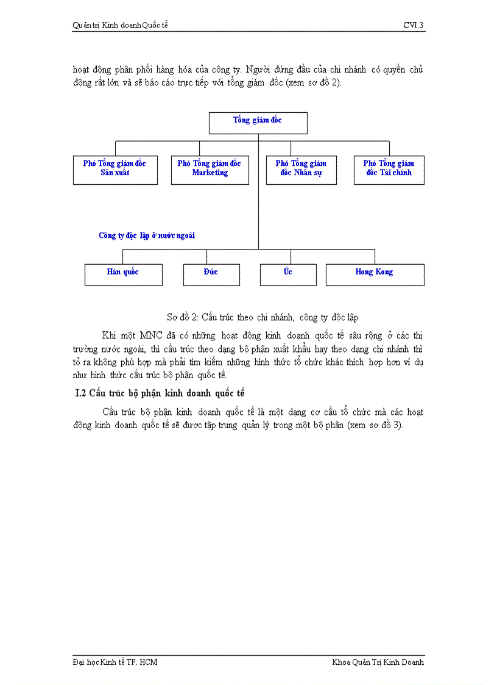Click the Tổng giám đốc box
pyautogui.click(x=258, y=123)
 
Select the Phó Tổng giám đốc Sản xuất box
pyautogui.click(x=115, y=170)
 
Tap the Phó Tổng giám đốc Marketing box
pyautogui.click(x=210, y=170)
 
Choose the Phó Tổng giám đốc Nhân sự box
pyautogui.click(x=301, y=170)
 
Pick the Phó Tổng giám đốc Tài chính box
pyautogui.click(x=389, y=170)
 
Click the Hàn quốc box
pyautogui.click(x=123, y=274)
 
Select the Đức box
pyautogui.click(x=211, y=274)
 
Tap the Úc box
pyautogui.click(x=288, y=274)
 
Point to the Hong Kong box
pyautogui.click(x=375, y=274)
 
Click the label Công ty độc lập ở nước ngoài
pyautogui.click(x=147, y=235)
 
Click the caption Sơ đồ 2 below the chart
pyautogui.click(x=263, y=317)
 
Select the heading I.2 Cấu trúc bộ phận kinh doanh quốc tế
pyautogui.click(x=160, y=393)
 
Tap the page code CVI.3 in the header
pyautogui.click(x=413, y=25)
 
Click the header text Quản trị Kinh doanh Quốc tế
pyautogui.click(x=120, y=25)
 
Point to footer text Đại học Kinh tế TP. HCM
pyautogui.click(x=115, y=662)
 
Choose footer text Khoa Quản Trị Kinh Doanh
pyautogui.click(x=378, y=662)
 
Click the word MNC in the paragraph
pyautogui.click(x=152, y=335)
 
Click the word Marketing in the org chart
pyautogui.click(x=210, y=173)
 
